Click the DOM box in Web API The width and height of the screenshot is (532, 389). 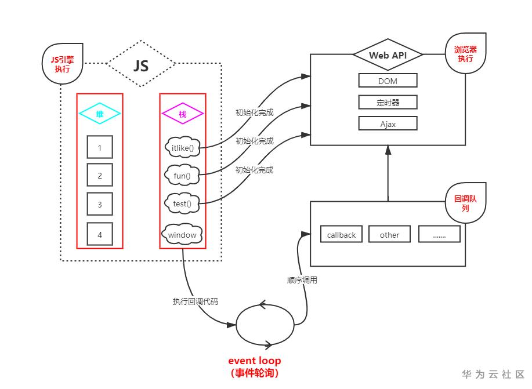pos(388,81)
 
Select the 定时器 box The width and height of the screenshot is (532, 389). pos(388,103)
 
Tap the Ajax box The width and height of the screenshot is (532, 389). pos(388,123)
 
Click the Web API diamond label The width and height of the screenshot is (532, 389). pos(388,56)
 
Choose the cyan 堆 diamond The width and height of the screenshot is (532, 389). pos(99,114)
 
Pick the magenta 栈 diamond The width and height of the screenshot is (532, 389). pos(183,114)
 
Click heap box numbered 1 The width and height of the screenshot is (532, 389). pos(100,147)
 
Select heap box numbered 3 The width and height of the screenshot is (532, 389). pos(100,204)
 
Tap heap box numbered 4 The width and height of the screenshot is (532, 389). pos(100,234)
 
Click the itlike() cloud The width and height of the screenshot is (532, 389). pos(183,148)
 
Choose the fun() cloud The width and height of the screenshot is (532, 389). pos(183,174)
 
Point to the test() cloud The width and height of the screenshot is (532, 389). pos(183,203)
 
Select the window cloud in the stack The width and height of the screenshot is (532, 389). pos(183,235)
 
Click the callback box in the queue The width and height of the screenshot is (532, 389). pos(342,234)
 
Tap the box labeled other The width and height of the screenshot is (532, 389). pos(390,234)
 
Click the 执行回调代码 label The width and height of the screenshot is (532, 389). pos(196,301)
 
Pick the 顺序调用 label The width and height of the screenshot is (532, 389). pos(302,280)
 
